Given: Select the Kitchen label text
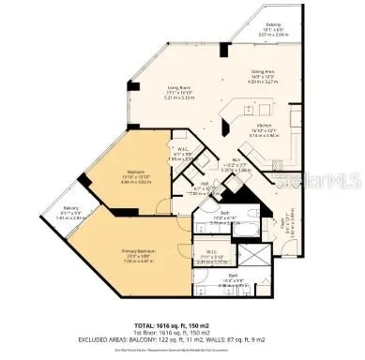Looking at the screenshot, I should [260, 131].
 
